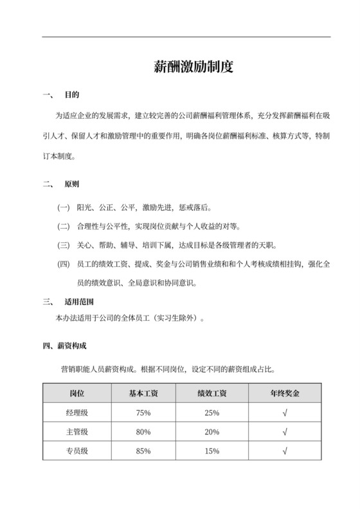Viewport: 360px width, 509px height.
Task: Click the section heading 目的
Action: pyautogui.click(x=71, y=95)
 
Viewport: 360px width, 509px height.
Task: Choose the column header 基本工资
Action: pyautogui.click(x=143, y=393)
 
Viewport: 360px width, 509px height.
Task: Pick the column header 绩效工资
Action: pyautogui.click(x=212, y=393)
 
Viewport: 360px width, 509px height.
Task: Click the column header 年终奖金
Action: pyautogui.click(x=284, y=393)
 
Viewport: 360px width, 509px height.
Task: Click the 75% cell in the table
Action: pyautogui.click(x=143, y=413)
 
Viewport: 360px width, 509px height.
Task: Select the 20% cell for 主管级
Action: pyautogui.click(x=212, y=432)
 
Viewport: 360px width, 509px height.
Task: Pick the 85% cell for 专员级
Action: pyautogui.click(x=143, y=451)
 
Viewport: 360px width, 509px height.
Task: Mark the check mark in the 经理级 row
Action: pyautogui.click(x=284, y=413)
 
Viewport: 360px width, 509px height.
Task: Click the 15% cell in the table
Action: pyautogui.click(x=212, y=451)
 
